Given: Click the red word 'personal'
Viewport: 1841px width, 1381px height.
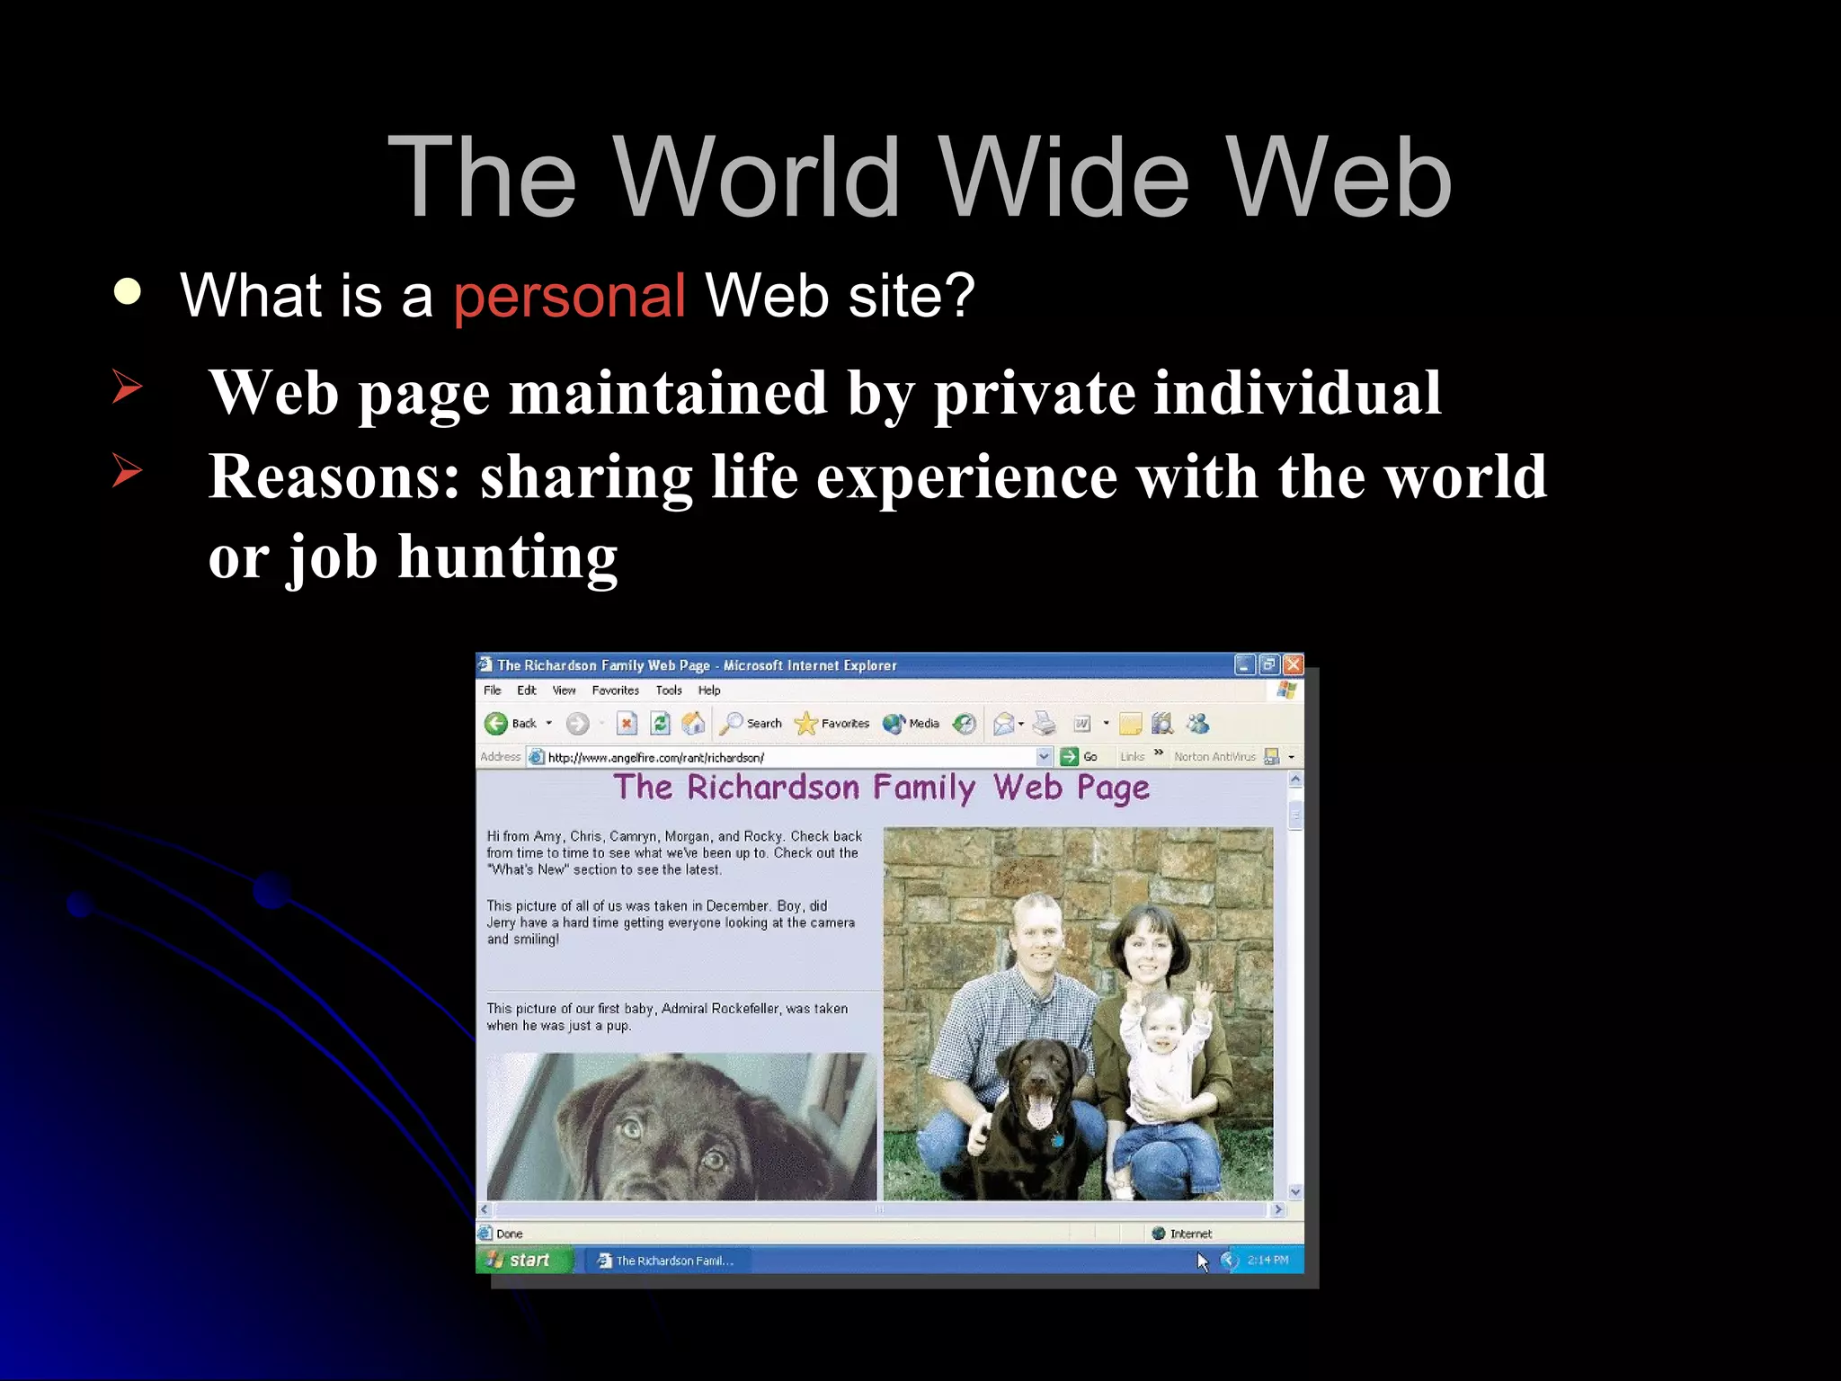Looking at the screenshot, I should [569, 296].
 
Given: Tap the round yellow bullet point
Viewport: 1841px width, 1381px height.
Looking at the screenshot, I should [128, 291].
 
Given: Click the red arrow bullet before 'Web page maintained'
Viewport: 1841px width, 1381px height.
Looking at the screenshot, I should [127, 387].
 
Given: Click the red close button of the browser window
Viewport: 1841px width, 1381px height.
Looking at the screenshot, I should [1293, 664].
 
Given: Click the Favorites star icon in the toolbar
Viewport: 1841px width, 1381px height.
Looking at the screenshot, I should [805, 724].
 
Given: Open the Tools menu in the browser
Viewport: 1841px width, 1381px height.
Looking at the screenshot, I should [668, 690].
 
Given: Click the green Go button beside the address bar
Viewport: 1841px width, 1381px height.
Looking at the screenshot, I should [1070, 757].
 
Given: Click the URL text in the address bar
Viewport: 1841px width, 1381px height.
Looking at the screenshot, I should [655, 758].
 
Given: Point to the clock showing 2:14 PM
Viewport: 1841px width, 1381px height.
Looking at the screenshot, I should [1267, 1260].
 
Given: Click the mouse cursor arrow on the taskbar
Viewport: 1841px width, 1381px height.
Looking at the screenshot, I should [1203, 1261].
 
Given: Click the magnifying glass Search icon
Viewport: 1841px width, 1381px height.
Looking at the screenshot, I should [733, 723].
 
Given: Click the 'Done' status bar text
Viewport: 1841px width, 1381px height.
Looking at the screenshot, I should [509, 1234].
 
